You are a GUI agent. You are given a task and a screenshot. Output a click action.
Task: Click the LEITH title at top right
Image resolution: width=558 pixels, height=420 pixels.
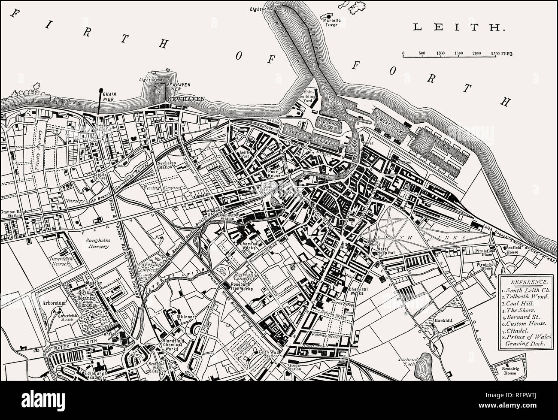click(x=458, y=27)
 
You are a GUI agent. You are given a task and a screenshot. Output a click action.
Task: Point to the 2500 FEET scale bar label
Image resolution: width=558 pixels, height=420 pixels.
click(x=503, y=53)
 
